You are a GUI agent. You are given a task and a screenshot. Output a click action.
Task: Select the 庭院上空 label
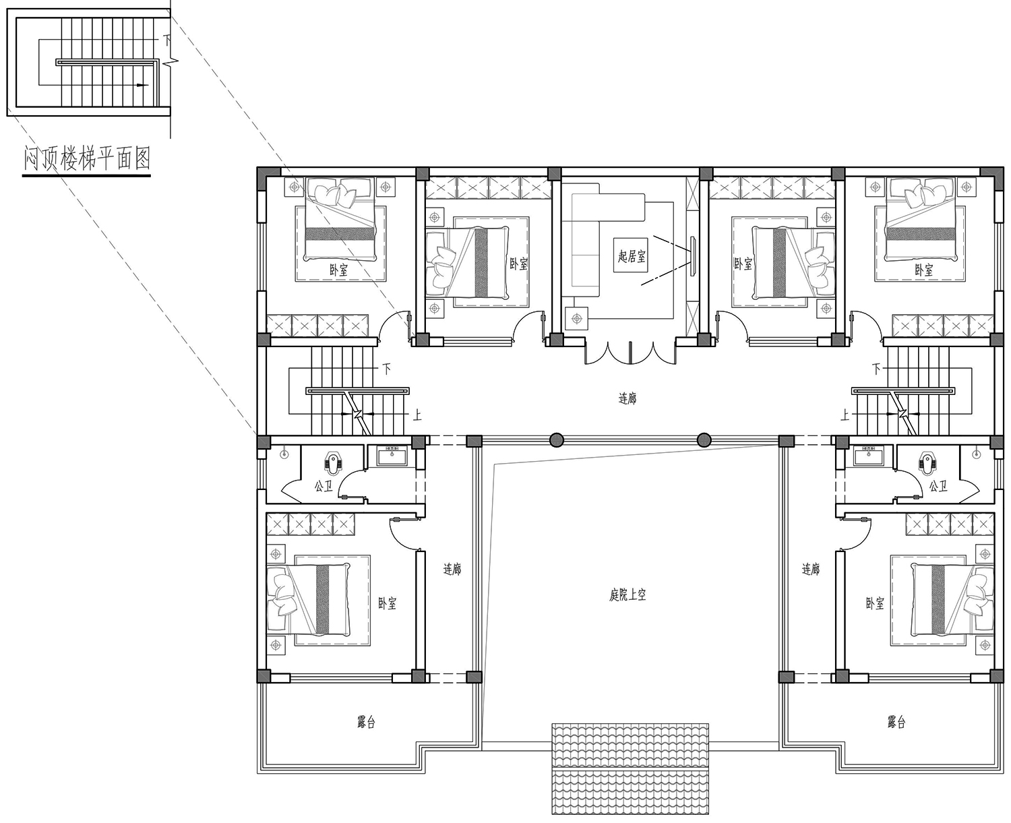[x=627, y=595]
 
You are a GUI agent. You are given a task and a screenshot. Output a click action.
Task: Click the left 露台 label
[x=366, y=722]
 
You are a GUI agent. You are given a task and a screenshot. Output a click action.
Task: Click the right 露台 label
[x=896, y=722]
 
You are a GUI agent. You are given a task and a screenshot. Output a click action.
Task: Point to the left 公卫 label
[x=324, y=486]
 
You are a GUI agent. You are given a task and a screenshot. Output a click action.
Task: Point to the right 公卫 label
[x=938, y=486]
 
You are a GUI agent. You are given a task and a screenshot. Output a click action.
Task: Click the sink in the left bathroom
[x=392, y=456]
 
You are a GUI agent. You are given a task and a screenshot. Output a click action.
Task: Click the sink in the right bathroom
[x=868, y=456]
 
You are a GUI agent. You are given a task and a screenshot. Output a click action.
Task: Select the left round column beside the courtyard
[x=556, y=440]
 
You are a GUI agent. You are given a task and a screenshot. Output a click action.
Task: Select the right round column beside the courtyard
[x=704, y=440]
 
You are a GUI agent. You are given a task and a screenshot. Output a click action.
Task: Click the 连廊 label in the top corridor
[x=627, y=398]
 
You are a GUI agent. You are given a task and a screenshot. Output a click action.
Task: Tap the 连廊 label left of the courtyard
[x=452, y=569]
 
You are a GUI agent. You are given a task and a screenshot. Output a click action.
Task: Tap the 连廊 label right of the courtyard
[x=811, y=569]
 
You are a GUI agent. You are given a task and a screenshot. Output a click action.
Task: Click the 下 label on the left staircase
[x=387, y=368]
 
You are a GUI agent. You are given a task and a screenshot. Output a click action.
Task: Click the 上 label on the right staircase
[x=845, y=415]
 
